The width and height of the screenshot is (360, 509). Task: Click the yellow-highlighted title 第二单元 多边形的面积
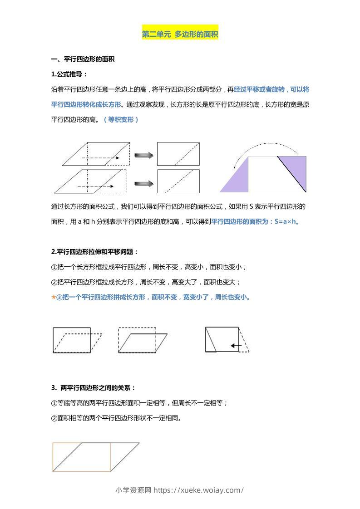coord(180,34)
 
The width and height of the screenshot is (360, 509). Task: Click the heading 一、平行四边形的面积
coord(83,59)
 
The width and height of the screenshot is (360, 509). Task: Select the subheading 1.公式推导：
coord(69,74)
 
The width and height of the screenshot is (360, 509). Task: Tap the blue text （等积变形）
coord(121,119)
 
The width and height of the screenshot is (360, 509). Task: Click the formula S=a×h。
coord(287,221)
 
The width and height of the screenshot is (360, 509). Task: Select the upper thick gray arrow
coord(144,155)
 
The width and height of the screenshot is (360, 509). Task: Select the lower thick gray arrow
coord(144,183)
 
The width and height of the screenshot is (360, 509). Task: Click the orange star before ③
coord(54,297)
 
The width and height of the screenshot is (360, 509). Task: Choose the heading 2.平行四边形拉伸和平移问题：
coord(94,251)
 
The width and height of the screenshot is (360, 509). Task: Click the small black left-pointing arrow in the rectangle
coord(236,346)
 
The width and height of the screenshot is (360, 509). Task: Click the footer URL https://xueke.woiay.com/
coord(199,490)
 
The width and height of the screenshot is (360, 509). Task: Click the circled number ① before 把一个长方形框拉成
coord(54,267)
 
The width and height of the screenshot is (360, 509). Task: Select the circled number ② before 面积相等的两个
coord(54,418)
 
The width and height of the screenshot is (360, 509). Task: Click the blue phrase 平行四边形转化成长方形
coord(86,104)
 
